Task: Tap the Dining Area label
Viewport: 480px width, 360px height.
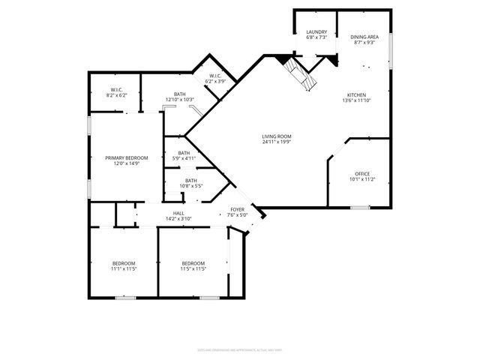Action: point(364,37)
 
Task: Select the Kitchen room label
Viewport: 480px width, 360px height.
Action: point(355,94)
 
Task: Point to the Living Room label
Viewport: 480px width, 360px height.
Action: point(277,136)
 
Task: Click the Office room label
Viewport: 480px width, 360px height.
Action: point(361,174)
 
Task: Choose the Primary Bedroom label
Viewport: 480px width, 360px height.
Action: point(126,157)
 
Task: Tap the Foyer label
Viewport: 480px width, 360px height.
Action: point(237,210)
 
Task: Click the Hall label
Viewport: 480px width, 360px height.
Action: point(178,214)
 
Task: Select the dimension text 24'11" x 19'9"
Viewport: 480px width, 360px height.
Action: point(277,142)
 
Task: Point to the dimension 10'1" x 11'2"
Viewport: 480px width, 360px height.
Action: point(361,179)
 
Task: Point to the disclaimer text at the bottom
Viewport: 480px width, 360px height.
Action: point(239,349)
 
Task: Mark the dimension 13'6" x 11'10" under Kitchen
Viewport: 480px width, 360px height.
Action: point(355,100)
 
